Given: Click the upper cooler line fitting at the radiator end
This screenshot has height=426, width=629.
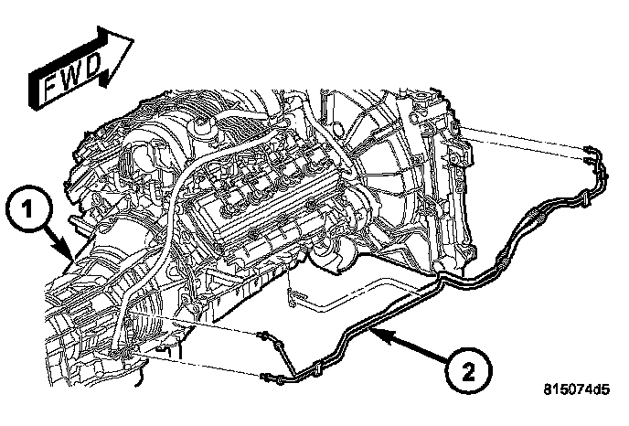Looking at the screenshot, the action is click(586, 148).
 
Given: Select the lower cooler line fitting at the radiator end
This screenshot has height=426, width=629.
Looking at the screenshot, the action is click(584, 161).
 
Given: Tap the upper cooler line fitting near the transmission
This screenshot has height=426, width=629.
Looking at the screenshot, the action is click(268, 337).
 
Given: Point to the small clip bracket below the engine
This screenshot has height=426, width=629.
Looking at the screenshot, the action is click(291, 293).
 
